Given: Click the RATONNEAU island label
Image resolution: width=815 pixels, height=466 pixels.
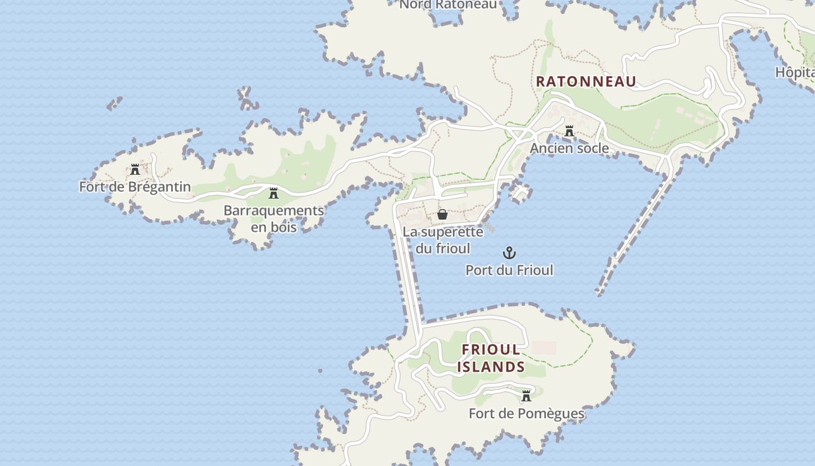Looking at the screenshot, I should click(586, 82).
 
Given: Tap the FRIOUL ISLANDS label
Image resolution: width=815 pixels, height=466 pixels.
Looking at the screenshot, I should click(491, 358).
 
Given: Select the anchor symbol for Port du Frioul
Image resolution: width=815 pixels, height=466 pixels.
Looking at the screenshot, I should click(509, 253).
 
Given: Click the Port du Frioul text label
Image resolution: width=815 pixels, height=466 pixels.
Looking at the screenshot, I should click(509, 270).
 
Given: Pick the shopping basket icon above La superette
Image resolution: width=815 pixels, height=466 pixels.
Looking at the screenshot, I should click(442, 214).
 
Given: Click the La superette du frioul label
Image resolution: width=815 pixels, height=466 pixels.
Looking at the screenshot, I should click(442, 240).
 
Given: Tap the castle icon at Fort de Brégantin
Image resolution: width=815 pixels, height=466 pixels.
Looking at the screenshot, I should click(135, 170).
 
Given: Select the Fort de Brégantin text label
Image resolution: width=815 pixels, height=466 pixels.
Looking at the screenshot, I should click(135, 187).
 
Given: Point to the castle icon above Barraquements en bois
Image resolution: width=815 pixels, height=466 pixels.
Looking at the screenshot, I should click(273, 193).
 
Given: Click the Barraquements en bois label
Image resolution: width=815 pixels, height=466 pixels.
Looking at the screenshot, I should click(273, 218).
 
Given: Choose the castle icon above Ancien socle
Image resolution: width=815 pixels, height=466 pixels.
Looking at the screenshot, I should click(569, 131).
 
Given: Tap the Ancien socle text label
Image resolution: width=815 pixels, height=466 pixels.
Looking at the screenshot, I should click(569, 149).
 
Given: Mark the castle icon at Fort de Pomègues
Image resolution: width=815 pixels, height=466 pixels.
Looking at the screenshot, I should click(526, 396).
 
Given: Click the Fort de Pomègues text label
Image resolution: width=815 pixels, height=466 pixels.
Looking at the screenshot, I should click(526, 414).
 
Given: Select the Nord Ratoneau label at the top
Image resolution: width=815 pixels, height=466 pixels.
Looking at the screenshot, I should click(448, 5).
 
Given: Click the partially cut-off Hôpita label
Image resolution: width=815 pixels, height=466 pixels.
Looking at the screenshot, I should click(795, 73).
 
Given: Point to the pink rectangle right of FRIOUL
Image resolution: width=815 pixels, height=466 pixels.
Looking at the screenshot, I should click(544, 348).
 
